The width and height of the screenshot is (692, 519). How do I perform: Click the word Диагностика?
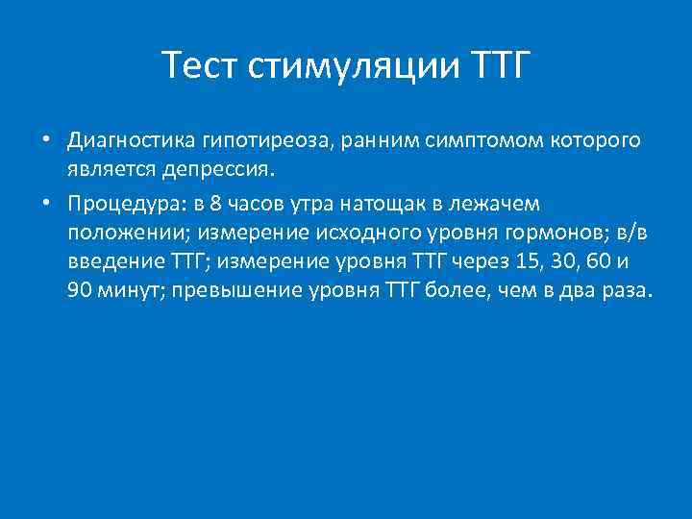[132, 141]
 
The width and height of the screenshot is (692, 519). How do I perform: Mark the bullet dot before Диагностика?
[45, 141]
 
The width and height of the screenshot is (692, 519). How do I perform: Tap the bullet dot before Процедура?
[45, 205]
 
